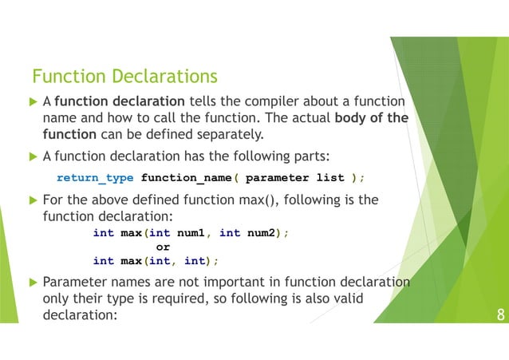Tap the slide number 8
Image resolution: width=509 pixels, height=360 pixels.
tap(500, 314)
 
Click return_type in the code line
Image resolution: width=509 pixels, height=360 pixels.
tap(95, 177)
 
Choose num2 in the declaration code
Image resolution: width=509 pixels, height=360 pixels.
tap(265, 232)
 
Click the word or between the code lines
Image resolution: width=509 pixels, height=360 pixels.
tap(162, 247)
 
